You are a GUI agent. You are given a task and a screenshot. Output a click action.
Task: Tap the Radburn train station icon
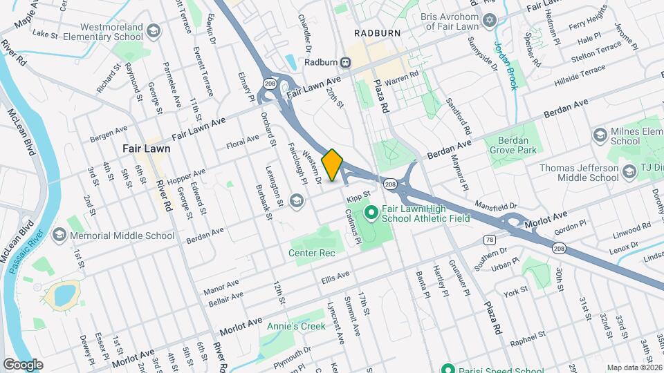[344, 63]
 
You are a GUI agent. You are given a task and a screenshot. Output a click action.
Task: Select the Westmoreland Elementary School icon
[152, 32]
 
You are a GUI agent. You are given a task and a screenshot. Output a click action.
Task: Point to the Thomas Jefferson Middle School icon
[629, 172]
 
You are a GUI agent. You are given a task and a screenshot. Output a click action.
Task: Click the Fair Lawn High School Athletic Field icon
[370, 212]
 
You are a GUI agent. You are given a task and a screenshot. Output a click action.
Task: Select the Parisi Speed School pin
[448, 368]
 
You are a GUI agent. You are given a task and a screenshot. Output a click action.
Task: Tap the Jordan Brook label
[505, 65]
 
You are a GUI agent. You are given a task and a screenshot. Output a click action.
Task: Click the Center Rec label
[312, 253]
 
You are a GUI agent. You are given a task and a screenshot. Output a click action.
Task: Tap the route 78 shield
[490, 240]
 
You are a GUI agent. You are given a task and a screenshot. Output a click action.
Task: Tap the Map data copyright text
[633, 367]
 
